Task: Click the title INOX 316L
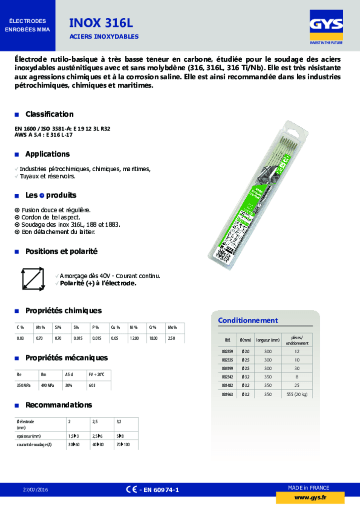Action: [x=101, y=23]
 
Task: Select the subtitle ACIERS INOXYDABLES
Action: [x=104, y=36]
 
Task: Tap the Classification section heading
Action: [x=49, y=114]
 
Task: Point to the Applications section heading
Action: [x=47, y=154]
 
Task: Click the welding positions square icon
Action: [x=33, y=279]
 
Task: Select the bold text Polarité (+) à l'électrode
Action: [x=98, y=283]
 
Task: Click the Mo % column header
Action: [x=172, y=327]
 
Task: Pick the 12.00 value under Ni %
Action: [x=134, y=338]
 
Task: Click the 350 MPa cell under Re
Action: [x=24, y=385]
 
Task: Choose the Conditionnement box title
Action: [x=248, y=320]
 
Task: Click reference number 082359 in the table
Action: [x=227, y=351]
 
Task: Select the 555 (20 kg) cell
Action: [x=297, y=394]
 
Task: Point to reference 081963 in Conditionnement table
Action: [x=227, y=394]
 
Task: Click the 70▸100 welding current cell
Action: [x=123, y=445]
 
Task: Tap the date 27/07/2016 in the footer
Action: [x=35, y=490]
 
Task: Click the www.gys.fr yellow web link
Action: [x=310, y=498]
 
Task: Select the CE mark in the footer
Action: [x=131, y=489]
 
